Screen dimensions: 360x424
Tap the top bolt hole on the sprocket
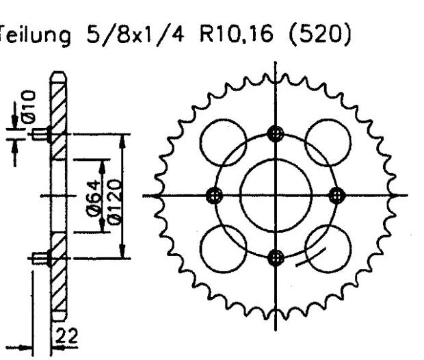click(276, 133)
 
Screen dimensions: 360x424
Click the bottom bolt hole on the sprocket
click(276, 257)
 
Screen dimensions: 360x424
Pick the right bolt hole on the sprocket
click(336, 196)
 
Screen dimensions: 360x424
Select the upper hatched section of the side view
click(58, 116)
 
